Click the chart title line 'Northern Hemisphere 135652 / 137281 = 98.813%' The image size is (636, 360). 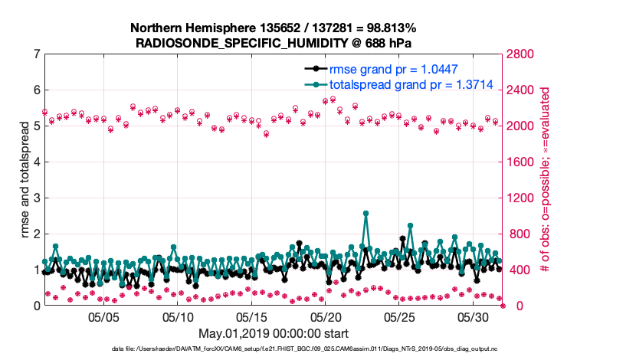[x=274, y=28]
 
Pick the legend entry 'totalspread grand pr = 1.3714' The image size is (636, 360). [x=389, y=84]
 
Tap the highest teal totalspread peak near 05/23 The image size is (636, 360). [x=366, y=214]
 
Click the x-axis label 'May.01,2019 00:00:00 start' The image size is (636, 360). [x=274, y=333]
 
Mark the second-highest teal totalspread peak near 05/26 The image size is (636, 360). [x=411, y=225]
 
